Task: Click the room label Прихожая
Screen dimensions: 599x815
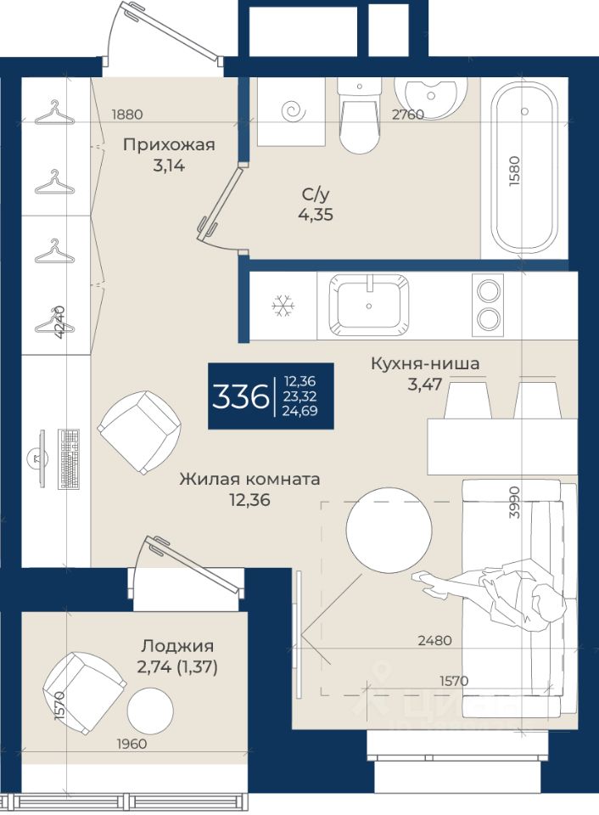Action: coord(169,145)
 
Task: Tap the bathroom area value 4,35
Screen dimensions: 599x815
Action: coord(316,214)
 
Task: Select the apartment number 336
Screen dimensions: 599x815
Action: coord(239,396)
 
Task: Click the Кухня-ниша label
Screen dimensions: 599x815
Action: coord(425,363)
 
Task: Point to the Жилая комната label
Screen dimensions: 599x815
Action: coord(250,479)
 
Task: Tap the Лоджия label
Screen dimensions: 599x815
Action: coord(177,646)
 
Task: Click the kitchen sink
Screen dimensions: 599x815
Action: coord(369,306)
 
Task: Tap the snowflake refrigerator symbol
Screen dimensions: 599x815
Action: coord(283,306)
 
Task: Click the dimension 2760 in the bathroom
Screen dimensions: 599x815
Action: coord(408,115)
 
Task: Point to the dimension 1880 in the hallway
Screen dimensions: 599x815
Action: coord(127,115)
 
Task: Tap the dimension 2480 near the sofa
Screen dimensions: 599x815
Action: coord(435,640)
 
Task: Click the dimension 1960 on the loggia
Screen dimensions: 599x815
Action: coord(132,744)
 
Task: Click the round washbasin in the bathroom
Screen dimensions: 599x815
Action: coord(430,97)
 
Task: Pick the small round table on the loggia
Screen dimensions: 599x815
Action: coord(150,710)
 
